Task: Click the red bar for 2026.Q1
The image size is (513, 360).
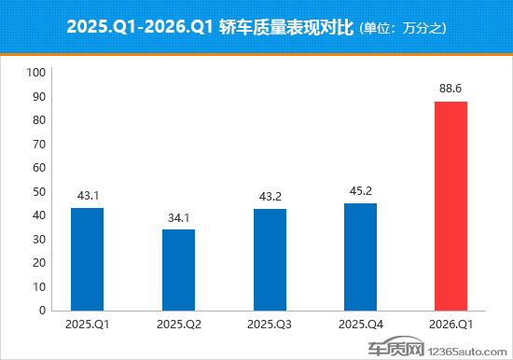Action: tap(451, 206)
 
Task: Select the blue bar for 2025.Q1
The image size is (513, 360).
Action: tap(87, 259)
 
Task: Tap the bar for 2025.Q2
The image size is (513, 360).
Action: tap(178, 270)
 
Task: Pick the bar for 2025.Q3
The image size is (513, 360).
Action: tap(270, 259)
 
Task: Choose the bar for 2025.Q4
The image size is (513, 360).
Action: tap(360, 256)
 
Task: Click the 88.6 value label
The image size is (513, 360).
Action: tap(451, 90)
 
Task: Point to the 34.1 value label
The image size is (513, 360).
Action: tap(178, 218)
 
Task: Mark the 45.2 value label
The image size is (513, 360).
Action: tap(360, 192)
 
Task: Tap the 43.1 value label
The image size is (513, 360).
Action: tap(87, 197)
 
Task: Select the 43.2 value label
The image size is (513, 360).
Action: tap(270, 197)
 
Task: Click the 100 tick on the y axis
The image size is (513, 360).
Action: tap(36, 73)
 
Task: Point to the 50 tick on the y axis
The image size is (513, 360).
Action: tap(39, 191)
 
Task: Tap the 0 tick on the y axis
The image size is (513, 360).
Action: tap(42, 311)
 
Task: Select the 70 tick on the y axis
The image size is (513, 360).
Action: tap(39, 144)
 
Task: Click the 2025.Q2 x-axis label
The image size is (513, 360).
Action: tap(178, 325)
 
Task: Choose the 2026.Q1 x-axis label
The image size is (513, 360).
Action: tap(451, 325)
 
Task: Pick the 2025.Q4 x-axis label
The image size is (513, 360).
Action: tap(360, 325)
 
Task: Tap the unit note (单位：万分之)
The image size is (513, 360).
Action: tap(402, 28)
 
